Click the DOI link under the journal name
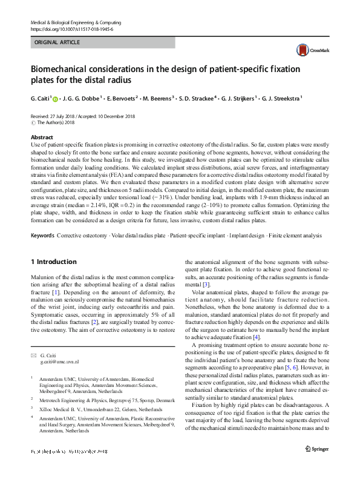71,29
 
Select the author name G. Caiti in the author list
41,97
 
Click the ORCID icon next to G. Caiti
56,97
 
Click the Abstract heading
42,137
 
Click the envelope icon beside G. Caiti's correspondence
33,354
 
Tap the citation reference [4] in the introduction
257,337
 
